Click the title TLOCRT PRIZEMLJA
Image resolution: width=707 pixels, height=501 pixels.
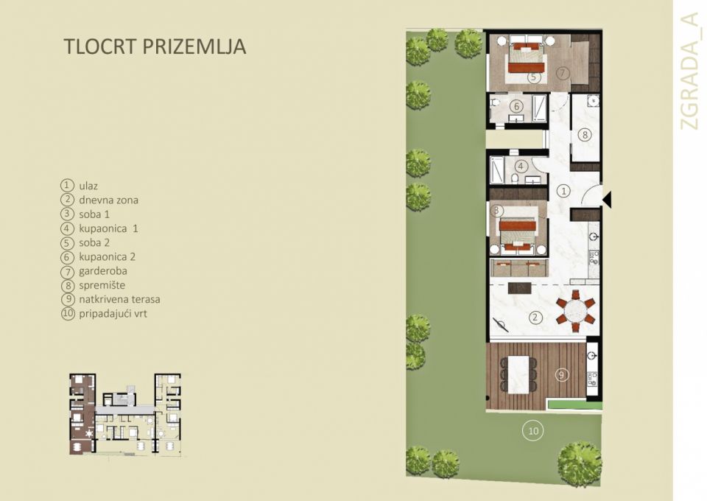(x=155, y=46)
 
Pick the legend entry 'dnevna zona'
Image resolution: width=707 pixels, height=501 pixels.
(x=108, y=200)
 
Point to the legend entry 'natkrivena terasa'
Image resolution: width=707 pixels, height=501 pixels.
(x=119, y=300)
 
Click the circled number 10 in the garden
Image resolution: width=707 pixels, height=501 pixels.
(x=532, y=430)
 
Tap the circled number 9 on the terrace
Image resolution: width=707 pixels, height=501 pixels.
(x=561, y=374)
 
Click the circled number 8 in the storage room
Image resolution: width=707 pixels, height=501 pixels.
(x=585, y=135)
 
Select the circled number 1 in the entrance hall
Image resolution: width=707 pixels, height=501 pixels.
(x=564, y=191)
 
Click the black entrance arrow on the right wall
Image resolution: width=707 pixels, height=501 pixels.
(x=607, y=197)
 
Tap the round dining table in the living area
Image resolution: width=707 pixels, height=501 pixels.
(x=576, y=310)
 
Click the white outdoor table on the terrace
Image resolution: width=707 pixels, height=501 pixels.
(x=521, y=374)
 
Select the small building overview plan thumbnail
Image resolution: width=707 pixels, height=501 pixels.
(x=125, y=413)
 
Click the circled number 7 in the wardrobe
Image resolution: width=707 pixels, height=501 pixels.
(x=562, y=73)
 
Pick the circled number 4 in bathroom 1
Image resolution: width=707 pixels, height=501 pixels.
(x=521, y=167)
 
